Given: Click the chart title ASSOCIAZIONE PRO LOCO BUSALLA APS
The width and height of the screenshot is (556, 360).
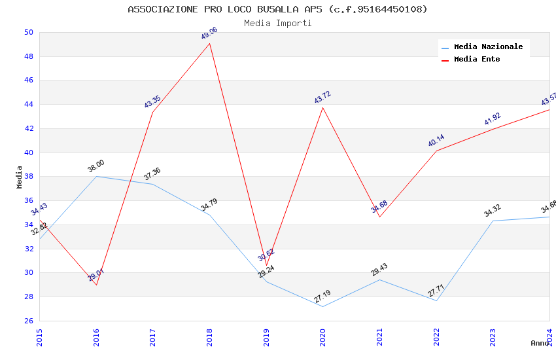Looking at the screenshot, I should pyautogui.click(x=277, y=9).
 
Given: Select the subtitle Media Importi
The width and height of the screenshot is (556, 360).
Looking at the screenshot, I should pyautogui.click(x=277, y=24).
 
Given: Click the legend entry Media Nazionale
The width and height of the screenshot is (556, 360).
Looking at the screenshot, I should pyautogui.click(x=488, y=47).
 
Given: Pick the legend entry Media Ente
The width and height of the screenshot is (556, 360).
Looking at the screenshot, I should pyautogui.click(x=477, y=60).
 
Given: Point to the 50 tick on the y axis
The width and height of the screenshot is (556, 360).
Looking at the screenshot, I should pyautogui.click(x=28, y=32).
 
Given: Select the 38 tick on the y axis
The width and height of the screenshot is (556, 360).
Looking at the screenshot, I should pyautogui.click(x=28, y=177).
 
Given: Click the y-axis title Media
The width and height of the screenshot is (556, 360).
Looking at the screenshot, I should pyautogui.click(x=20, y=177).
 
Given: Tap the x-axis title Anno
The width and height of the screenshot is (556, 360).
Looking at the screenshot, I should pyautogui.click(x=540, y=343).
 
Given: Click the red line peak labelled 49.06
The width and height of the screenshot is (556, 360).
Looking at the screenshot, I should pyautogui.click(x=209, y=43).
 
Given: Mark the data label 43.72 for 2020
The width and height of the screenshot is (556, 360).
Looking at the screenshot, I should pyautogui.click(x=322, y=98).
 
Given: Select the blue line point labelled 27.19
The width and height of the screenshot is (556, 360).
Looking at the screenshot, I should pyautogui.click(x=322, y=306).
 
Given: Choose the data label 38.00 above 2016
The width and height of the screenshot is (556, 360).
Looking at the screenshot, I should pyautogui.click(x=96, y=166).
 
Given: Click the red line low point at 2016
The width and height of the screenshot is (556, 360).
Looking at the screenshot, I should pyautogui.click(x=96, y=285).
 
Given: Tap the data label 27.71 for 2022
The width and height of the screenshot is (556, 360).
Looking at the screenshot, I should pyautogui.click(x=436, y=291).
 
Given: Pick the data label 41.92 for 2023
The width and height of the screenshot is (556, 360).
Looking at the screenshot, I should pyautogui.click(x=492, y=118).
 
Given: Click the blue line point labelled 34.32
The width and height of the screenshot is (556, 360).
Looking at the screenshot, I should pyautogui.click(x=493, y=221).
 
